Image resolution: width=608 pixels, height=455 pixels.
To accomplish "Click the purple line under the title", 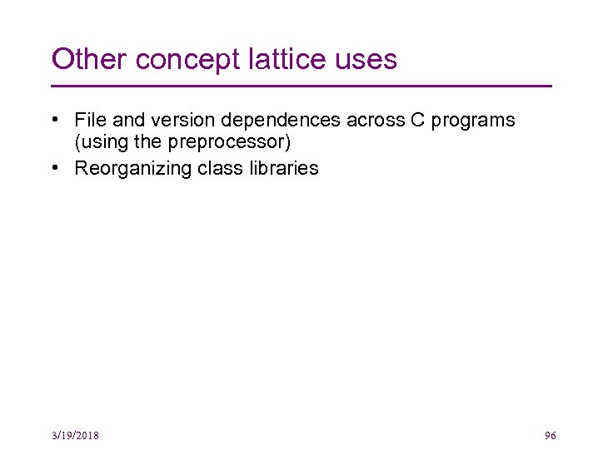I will (x=302, y=86).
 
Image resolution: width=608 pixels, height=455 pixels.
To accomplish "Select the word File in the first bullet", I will (x=89, y=120).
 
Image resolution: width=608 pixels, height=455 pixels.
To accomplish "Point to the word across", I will (x=375, y=120).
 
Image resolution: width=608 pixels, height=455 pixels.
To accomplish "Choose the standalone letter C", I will (x=417, y=120).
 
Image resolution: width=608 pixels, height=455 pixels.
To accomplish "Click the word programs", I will (x=474, y=121).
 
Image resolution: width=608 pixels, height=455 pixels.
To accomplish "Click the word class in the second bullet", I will (x=218, y=168).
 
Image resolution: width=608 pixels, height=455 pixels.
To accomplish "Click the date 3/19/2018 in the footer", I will (x=75, y=436).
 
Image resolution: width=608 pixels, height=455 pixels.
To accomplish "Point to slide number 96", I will (x=550, y=436).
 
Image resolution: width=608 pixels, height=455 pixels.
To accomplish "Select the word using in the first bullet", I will (x=101, y=143).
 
